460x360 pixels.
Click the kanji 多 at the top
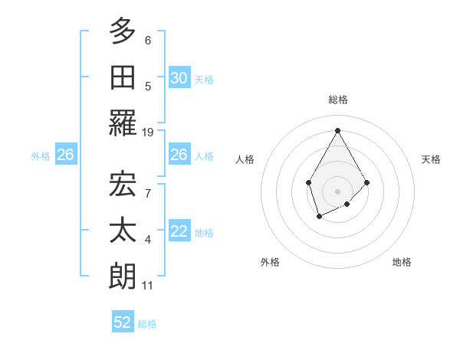tap(123, 31)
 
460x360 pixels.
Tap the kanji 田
tap(123, 77)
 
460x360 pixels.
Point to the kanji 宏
tap(123, 184)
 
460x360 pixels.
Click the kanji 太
tap(123, 231)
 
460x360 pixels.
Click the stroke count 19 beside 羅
tap(148, 133)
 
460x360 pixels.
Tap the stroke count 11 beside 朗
tap(148, 286)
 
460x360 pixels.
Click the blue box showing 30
tap(179, 77)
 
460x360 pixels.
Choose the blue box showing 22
tap(179, 231)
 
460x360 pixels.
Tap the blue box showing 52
tap(123, 322)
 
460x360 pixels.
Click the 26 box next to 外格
tap(65, 155)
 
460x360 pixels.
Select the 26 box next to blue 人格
tap(179, 155)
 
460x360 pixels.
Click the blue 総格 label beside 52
tap(147, 323)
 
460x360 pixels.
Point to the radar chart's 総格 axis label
tap(337, 100)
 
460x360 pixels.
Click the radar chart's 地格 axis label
tap(402, 263)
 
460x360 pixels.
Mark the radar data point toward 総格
tap(337, 130)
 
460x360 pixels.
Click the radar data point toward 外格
tap(319, 218)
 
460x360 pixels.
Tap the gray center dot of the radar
tap(337, 191)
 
